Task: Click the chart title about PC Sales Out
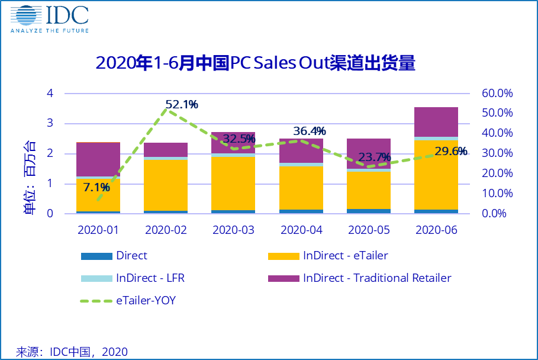tap(255, 63)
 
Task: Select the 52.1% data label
tap(182, 105)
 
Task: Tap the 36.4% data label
tap(310, 131)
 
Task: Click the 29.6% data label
tap(451, 152)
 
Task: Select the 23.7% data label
tap(375, 157)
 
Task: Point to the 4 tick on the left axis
tap(50, 94)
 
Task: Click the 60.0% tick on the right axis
tap(497, 94)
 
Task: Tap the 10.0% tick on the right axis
tap(497, 194)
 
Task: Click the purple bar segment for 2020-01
tap(98, 159)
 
